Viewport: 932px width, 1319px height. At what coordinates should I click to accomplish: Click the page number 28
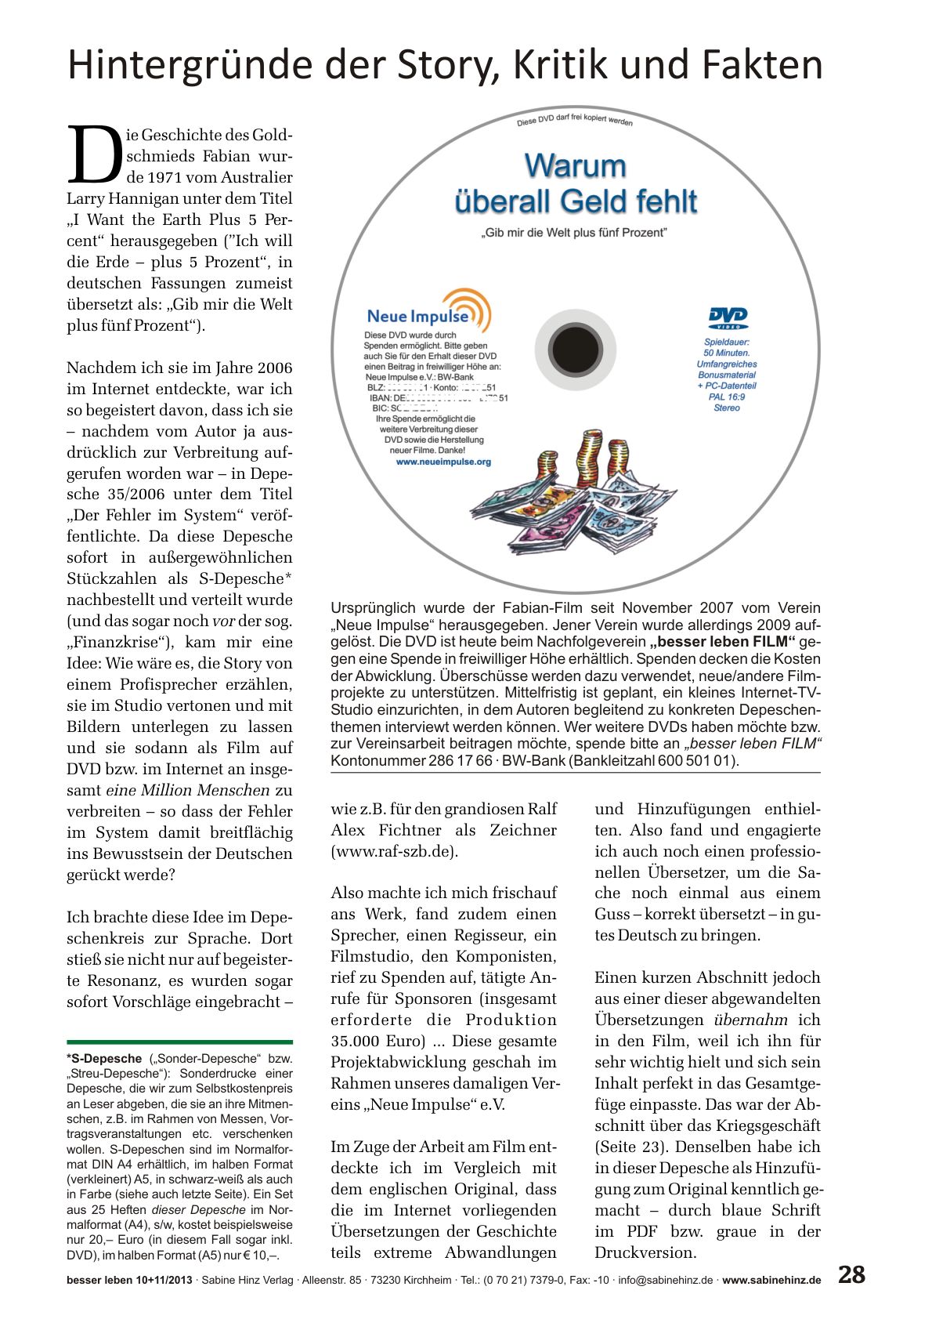(851, 1274)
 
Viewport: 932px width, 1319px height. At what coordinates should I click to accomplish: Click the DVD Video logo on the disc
(728, 317)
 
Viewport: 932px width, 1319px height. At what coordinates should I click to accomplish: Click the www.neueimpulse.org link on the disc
(443, 462)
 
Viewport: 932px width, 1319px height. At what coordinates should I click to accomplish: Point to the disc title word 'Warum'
(575, 166)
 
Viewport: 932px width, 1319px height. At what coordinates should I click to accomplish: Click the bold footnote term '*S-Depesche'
(104, 1059)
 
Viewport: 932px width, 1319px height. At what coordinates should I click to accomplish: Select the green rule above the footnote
(179, 1042)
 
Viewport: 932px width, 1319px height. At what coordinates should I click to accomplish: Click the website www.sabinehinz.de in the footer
(771, 1281)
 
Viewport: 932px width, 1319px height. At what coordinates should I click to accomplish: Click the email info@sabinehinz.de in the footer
(666, 1281)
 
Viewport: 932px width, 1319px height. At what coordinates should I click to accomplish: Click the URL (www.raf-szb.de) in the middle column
(394, 851)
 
